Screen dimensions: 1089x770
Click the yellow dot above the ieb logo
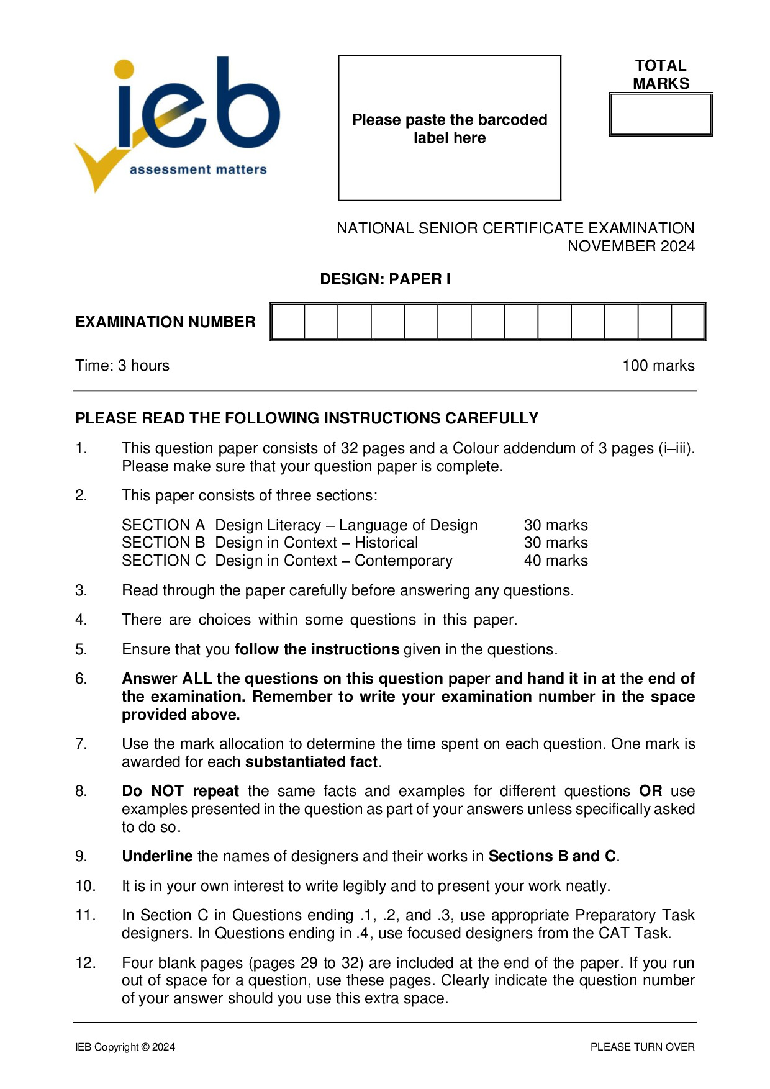pos(124,69)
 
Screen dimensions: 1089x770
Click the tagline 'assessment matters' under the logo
pos(198,169)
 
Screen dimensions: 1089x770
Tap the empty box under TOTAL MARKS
pos(661,115)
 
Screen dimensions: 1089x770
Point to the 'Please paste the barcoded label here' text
pos(450,129)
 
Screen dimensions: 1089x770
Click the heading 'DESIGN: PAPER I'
pos(385,279)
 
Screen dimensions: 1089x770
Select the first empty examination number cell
pos(288,322)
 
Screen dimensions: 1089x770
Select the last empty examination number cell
pos(687,322)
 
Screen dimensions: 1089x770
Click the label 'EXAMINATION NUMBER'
pos(165,322)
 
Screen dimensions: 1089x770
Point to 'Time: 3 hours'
pos(122,366)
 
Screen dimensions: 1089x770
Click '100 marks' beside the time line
pos(658,366)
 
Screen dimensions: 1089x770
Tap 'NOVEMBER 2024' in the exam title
pos(631,246)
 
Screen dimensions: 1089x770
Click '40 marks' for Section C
pos(556,561)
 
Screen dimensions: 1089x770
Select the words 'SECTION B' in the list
pos(163,543)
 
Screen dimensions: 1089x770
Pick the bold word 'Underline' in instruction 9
pos(157,856)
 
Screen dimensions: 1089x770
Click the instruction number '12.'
pos(86,963)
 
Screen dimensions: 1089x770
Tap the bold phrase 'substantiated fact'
pos(312,762)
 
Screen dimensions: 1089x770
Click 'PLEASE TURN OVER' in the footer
pos(642,1047)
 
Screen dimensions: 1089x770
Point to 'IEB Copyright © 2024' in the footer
pos(125,1047)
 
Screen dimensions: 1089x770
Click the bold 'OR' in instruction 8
pos(650,791)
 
